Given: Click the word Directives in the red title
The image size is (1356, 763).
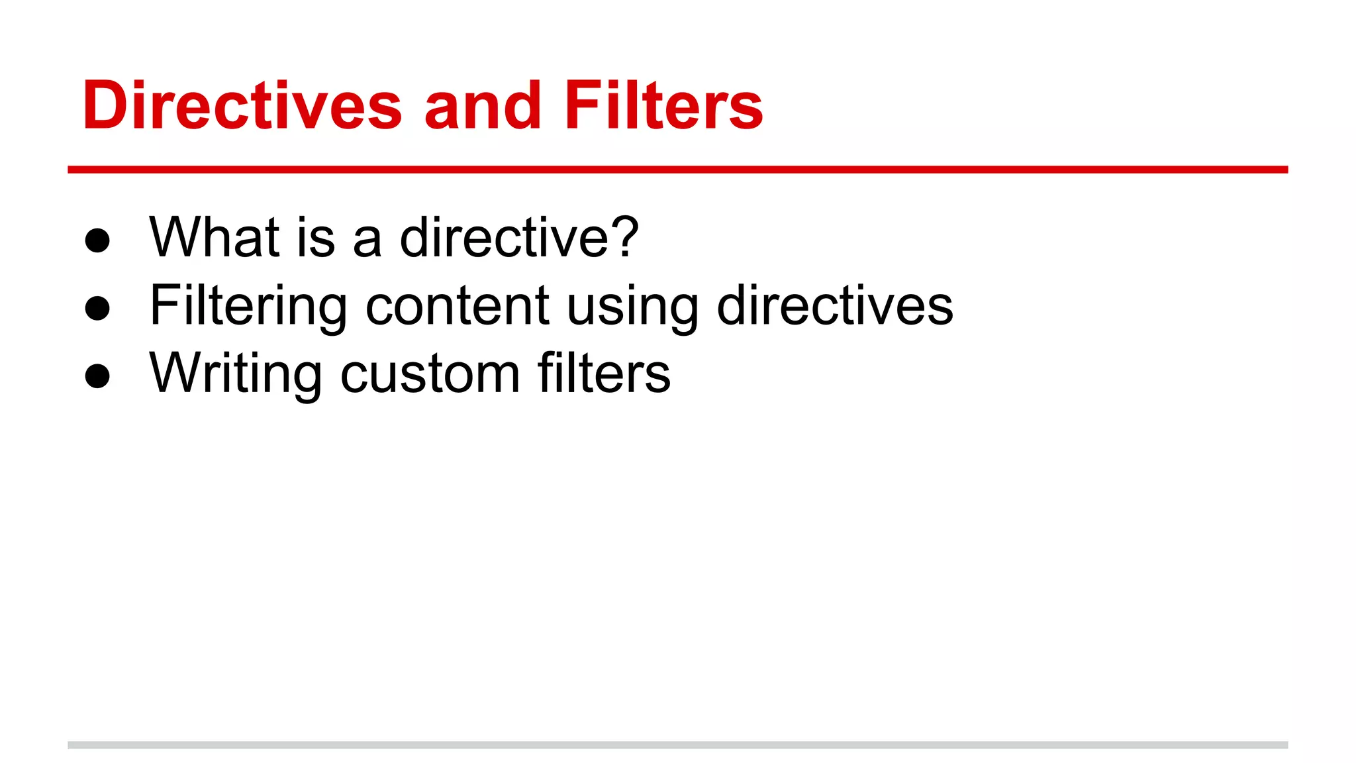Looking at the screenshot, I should tap(242, 105).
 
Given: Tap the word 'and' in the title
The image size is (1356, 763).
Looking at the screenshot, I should tap(483, 105).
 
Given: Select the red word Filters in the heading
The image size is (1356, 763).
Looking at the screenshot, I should tap(664, 105).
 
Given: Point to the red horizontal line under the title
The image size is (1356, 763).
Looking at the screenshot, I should tap(677, 170).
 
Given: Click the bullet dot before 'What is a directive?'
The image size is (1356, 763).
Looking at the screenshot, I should tap(97, 240).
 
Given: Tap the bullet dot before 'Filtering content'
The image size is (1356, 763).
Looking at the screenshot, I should tap(97, 308).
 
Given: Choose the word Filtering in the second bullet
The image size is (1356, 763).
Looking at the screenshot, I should tap(248, 307).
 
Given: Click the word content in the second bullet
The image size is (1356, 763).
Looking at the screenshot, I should tap(457, 306).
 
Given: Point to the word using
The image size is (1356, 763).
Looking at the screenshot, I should tap(632, 308).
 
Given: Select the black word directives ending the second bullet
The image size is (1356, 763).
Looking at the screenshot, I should tap(835, 305).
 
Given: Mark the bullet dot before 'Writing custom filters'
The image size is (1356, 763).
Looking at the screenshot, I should tap(97, 376).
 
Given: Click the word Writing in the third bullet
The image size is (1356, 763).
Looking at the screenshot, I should tap(236, 374).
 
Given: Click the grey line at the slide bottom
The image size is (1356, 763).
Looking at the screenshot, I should tap(677, 745).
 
